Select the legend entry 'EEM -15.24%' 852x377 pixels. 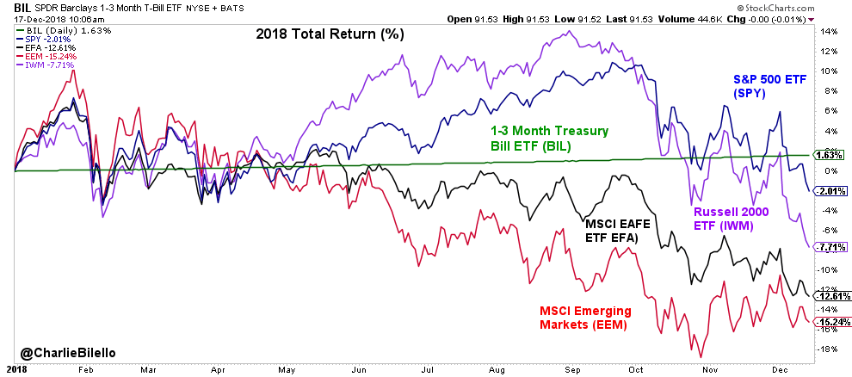click(46, 56)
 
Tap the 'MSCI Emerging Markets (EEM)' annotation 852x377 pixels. click(585, 318)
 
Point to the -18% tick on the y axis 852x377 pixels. click(827, 349)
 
